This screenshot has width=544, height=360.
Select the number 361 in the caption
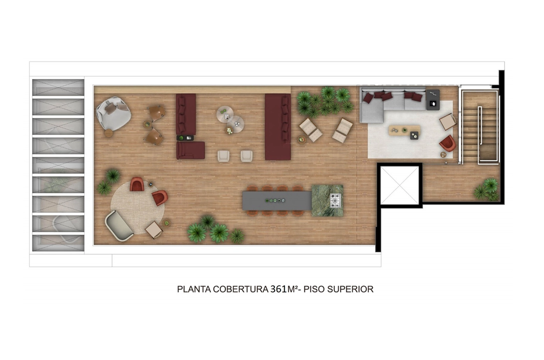(279, 289)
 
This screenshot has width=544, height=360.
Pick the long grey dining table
(277, 200)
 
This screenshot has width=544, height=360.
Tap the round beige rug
(138, 207)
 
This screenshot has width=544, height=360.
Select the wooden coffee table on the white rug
(405, 130)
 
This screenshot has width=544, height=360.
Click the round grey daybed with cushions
(113, 113)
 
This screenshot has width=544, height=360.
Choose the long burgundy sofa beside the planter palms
(278, 127)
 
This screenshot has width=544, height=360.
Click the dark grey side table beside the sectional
(432, 100)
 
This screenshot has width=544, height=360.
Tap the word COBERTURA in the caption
(241, 289)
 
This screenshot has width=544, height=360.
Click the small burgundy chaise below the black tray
(191, 150)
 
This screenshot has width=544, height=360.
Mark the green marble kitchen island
(327, 200)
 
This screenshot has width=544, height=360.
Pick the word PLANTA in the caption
(194, 289)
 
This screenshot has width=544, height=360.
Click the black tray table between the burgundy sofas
(185, 138)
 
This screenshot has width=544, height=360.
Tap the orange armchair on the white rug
(448, 143)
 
